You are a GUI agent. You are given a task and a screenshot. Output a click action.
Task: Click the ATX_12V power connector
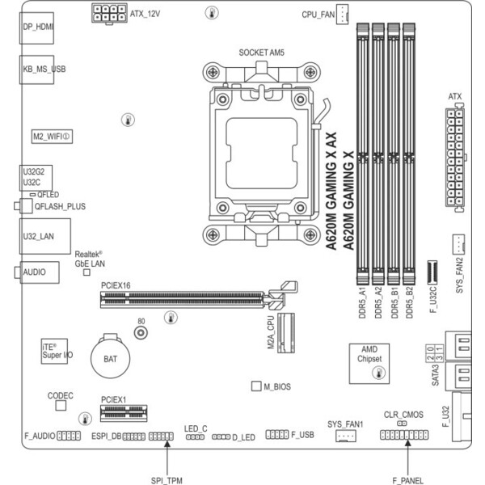pos(109,13)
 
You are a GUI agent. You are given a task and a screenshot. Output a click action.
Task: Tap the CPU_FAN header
pos(342,15)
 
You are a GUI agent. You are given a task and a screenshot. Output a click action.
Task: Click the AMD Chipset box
pos(369,364)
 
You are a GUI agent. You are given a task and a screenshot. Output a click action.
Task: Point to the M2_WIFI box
pos(52,137)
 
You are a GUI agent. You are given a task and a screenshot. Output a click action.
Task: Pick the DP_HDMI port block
pos(36,28)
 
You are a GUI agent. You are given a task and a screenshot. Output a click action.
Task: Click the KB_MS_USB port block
pos(37,70)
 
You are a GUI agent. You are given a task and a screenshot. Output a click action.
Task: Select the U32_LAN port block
pos(45,236)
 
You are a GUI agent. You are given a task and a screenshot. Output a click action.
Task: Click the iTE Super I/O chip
pos(54,352)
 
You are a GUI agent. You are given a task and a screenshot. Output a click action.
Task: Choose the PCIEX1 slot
pos(124,413)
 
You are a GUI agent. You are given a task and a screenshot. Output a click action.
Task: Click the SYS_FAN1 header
pos(346,436)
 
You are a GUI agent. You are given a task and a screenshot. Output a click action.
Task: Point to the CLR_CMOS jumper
pos(402,423)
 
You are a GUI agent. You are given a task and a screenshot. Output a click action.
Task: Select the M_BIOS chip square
pos(256,386)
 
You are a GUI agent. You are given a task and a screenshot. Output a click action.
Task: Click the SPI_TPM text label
pos(167,480)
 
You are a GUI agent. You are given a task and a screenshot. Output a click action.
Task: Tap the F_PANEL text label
pos(407,480)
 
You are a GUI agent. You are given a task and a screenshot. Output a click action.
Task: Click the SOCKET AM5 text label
pos(261,53)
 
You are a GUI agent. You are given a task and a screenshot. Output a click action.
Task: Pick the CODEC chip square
pos(61,405)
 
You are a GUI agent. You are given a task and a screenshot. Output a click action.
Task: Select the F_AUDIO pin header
pos(69,436)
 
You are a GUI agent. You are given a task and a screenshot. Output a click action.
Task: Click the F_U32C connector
pos(432,272)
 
